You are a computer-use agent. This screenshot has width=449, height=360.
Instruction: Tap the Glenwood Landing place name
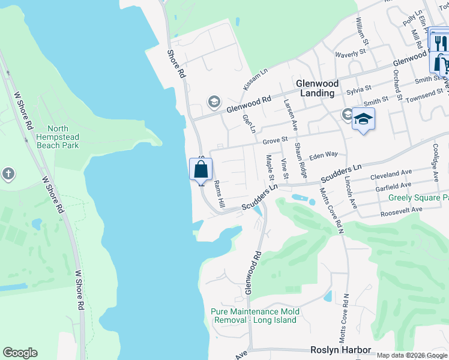[317, 88]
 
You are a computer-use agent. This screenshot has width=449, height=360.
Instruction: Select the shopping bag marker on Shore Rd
[201, 169]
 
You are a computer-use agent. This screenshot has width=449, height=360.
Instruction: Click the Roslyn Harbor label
[340, 350]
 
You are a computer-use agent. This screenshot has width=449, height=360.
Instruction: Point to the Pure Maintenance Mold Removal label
[255, 316]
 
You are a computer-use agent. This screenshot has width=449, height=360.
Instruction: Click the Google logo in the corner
[20, 353]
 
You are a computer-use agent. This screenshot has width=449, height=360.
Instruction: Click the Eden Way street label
[324, 155]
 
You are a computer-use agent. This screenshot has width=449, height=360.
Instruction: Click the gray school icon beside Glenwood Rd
[214, 102]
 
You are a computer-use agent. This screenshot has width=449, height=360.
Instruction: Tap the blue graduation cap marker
[363, 119]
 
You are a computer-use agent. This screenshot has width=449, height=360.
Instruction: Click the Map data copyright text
[412, 355]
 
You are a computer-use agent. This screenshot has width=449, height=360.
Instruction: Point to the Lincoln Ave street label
[351, 193]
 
